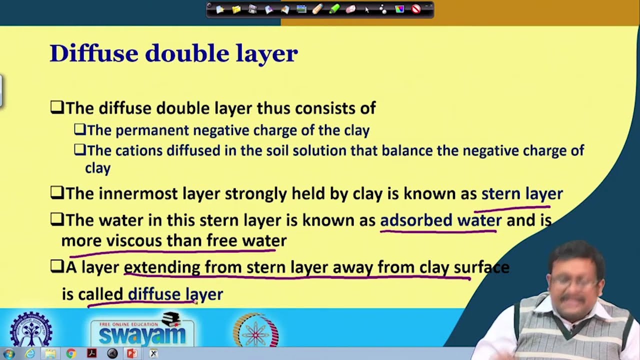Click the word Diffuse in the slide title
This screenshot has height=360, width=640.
93,53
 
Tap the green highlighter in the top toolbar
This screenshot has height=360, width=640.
334,9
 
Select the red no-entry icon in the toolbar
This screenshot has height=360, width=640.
416,9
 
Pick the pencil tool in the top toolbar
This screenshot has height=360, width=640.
317,9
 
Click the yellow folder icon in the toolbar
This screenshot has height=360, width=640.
236,9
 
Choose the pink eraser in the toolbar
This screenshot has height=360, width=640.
350,9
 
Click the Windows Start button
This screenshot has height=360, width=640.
8,353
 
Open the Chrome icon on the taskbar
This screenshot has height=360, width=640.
70,353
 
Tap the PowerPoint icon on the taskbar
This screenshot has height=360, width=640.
132,353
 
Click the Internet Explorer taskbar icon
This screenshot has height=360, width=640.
29,353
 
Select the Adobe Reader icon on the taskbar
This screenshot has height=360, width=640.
91,353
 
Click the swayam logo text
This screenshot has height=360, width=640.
142,334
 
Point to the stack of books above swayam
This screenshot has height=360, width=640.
170,318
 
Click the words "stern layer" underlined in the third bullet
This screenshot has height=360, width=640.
521,194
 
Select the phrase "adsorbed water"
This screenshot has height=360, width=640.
440,220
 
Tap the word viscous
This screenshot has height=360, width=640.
134,241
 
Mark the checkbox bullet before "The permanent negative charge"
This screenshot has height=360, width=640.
79,130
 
